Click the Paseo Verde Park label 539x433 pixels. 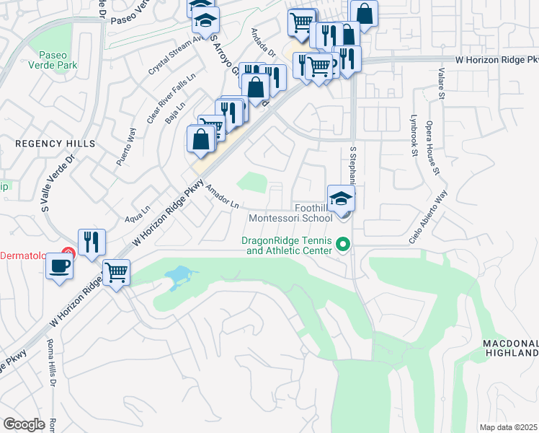coord(53,62)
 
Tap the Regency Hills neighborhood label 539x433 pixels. coord(55,144)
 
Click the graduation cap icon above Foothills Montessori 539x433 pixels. coord(341,198)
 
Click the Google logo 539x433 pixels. coord(24,424)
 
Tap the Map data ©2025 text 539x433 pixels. coord(508,427)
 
